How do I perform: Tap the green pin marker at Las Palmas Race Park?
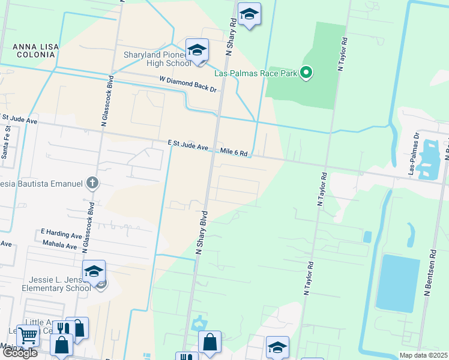coord(306,74)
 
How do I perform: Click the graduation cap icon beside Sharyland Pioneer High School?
coord(197,50)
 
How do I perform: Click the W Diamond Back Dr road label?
coord(187,83)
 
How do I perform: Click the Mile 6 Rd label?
coord(234,152)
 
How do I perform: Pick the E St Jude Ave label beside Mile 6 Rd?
coord(188,145)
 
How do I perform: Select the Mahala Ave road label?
coord(60,245)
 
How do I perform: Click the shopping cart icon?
coord(28,336)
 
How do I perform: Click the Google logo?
coord(20,353)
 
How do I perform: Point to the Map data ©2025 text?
coord(423,355)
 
